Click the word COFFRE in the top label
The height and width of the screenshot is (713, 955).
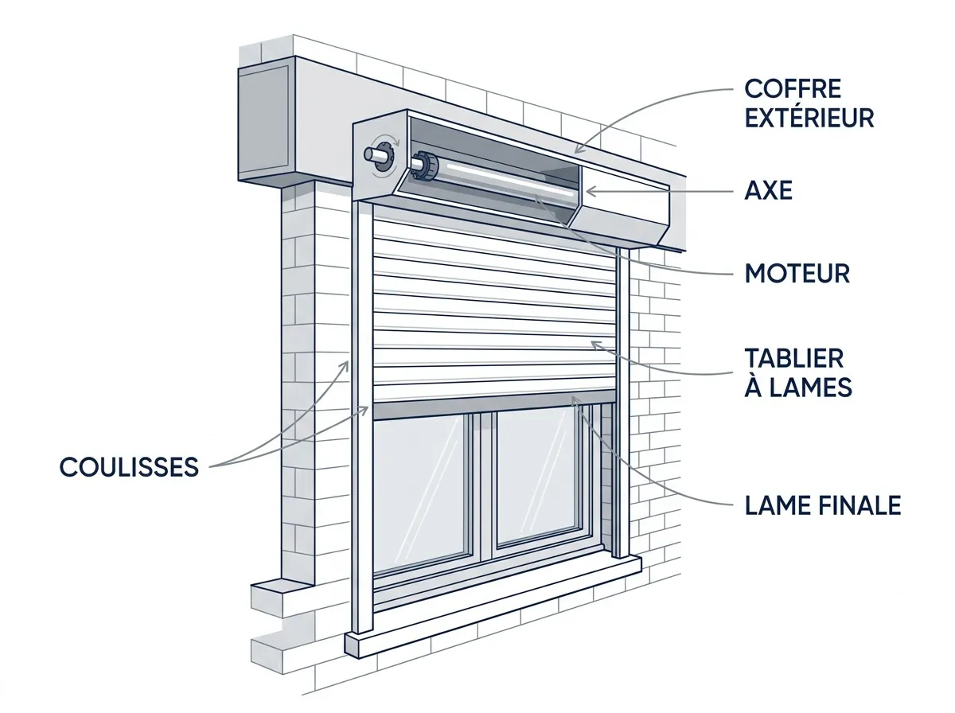(793, 89)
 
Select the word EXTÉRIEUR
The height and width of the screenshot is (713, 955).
(809, 118)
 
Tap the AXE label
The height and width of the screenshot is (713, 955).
(768, 190)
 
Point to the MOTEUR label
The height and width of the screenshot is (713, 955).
(797, 273)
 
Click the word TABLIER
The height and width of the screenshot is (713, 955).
(794, 358)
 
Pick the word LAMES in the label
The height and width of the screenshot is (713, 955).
(810, 388)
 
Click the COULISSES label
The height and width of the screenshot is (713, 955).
(129, 467)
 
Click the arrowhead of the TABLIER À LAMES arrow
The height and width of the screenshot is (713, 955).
(595, 345)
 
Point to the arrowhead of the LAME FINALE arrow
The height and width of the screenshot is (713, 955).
(575, 400)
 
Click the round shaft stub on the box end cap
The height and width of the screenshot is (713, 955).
(373, 155)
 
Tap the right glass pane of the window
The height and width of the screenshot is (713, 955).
(539, 477)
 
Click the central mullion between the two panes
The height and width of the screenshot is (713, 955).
(485, 487)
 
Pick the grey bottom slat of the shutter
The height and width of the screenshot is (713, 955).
(494, 405)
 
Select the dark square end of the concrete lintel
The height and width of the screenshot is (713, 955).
(264, 123)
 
